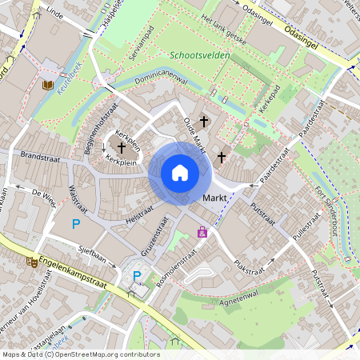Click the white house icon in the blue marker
pos(179,172)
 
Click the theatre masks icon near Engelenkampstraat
pos(32,261)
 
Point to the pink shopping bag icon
pos(202,232)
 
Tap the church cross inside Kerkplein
pos(122,147)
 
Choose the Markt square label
pos(215,198)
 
